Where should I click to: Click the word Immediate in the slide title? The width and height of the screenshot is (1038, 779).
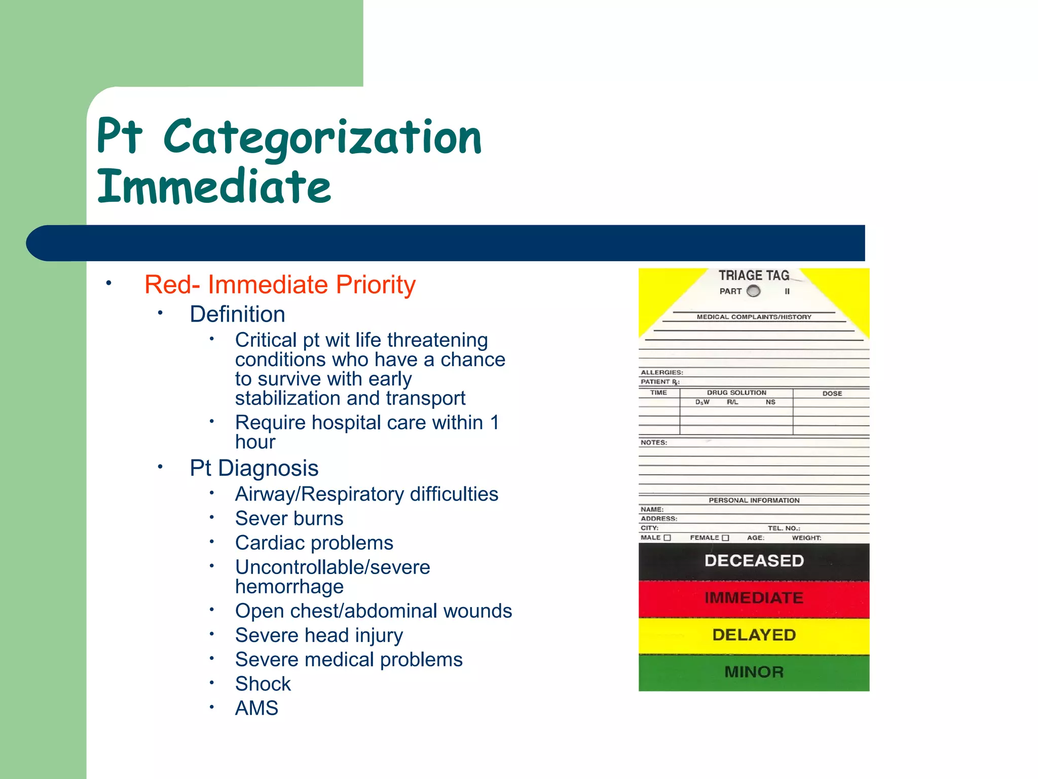214,187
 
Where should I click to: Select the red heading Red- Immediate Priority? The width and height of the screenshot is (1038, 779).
280,285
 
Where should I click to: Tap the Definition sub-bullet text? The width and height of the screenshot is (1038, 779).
237,314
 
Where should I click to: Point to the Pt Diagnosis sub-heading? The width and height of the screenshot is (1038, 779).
254,468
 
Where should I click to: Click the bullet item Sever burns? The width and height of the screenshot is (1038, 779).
289,518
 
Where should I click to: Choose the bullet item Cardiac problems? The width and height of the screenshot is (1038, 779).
314,543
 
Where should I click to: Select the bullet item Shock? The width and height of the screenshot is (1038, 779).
263,684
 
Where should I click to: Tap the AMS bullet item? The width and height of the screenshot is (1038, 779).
256,708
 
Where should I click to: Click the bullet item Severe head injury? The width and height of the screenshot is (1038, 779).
319,635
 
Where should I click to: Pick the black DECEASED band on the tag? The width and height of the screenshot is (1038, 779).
754,561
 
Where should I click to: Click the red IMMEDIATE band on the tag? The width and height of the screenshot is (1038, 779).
754,598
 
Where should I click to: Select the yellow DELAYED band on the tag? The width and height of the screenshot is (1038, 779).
754,635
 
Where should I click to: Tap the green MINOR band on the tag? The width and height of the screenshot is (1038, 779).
754,672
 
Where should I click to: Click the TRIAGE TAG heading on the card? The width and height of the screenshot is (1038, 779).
754,275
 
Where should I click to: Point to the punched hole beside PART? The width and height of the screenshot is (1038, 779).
754,291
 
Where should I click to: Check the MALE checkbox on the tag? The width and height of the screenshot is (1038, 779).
668,538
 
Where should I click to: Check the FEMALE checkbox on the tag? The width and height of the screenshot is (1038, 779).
725,538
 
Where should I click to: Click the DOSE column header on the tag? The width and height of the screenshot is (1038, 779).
832,393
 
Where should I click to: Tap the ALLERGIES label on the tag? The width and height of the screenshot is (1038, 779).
661,372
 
